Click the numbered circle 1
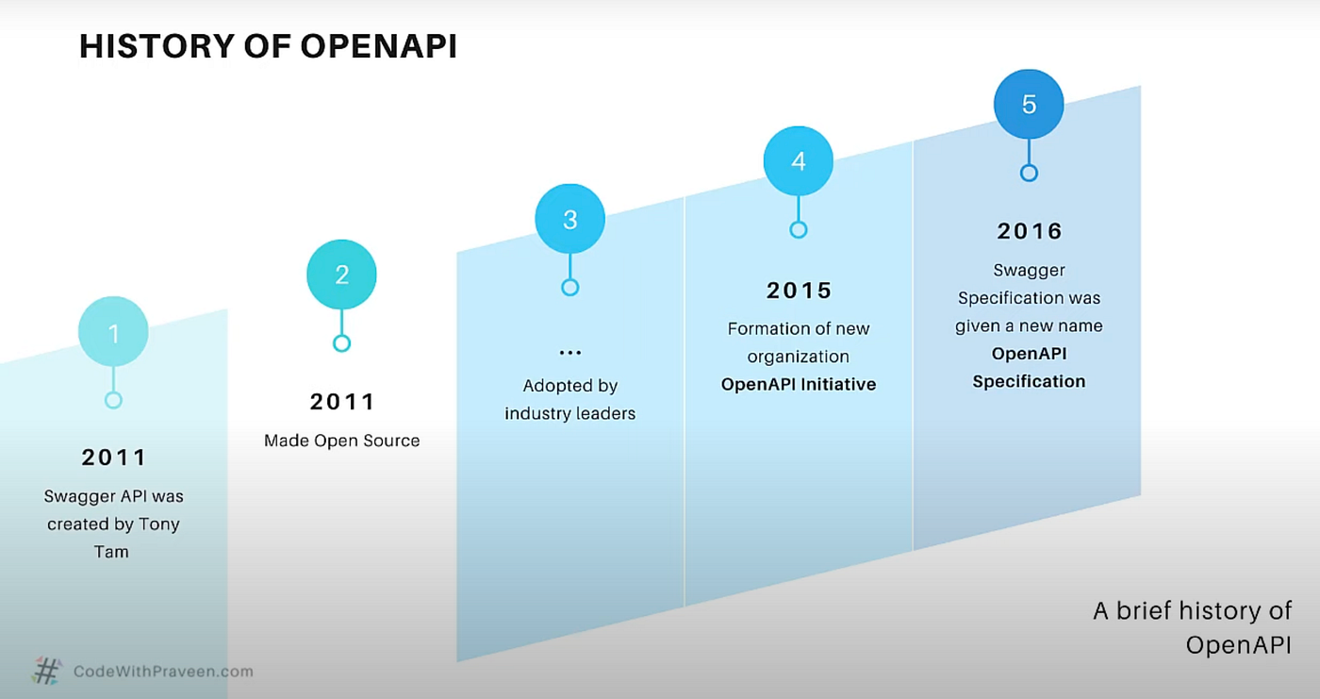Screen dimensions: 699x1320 point(113,331)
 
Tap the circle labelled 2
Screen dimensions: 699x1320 point(341,275)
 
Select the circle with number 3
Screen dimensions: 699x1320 point(569,220)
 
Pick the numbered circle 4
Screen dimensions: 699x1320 point(799,161)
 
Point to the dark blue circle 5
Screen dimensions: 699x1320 point(1029,104)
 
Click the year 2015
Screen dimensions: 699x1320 point(799,291)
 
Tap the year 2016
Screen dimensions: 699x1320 point(1029,231)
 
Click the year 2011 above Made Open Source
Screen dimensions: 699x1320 point(342,402)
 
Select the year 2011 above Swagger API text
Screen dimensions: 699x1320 point(113,458)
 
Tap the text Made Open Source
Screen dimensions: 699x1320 point(341,441)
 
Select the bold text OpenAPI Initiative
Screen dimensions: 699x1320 point(799,384)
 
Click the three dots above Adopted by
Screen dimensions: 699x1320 point(569,353)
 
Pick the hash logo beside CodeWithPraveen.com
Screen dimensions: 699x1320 point(46,671)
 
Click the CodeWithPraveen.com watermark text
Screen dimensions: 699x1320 point(163,672)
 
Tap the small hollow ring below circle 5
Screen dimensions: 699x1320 point(1029,173)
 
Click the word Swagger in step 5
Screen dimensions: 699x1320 point(1029,271)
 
